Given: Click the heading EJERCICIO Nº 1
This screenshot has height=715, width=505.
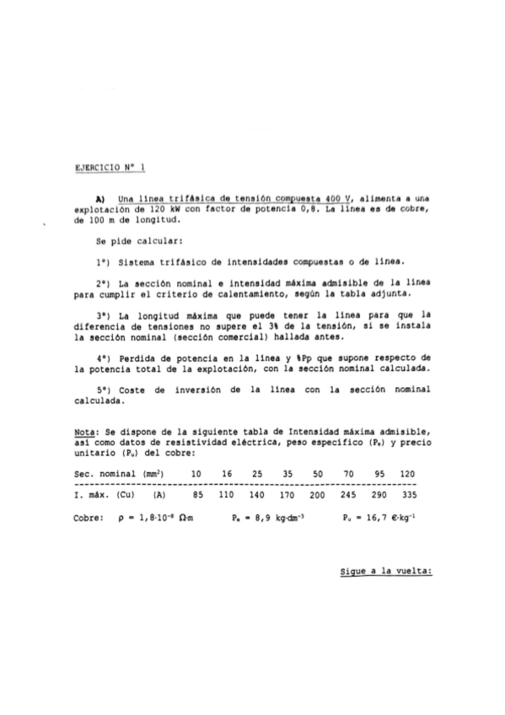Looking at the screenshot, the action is pyautogui.click(x=111, y=169).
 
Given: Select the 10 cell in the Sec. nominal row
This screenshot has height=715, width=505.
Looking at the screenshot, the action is pyautogui.click(x=196, y=475).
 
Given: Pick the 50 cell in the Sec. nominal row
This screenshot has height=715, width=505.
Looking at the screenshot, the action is pyautogui.click(x=317, y=475).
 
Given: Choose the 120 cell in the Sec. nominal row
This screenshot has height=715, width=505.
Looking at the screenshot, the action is pyautogui.click(x=408, y=475).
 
